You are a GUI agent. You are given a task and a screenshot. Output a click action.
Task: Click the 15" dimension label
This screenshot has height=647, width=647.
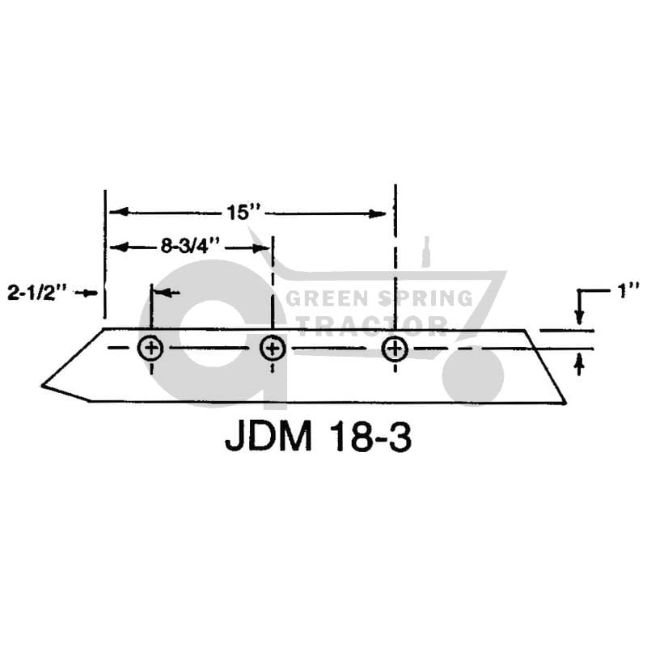(x=244, y=213)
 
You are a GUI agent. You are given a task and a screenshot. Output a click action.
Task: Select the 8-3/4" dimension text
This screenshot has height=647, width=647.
(x=190, y=247)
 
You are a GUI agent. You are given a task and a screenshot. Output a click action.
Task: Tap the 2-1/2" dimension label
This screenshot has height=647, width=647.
(x=37, y=293)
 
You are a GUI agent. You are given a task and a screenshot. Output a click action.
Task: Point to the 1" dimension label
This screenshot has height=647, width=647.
(x=628, y=291)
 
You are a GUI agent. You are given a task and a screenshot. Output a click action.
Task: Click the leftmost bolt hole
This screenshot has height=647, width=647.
(x=151, y=348)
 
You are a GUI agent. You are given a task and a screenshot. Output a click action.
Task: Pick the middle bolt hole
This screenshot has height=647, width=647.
(x=273, y=348)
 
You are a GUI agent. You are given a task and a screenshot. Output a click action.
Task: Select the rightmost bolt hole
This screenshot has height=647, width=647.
(x=395, y=349)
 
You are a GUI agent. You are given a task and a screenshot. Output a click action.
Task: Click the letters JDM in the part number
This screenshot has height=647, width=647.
(x=269, y=437)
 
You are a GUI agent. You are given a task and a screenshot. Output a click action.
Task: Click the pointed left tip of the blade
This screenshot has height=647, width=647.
(x=42, y=386)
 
